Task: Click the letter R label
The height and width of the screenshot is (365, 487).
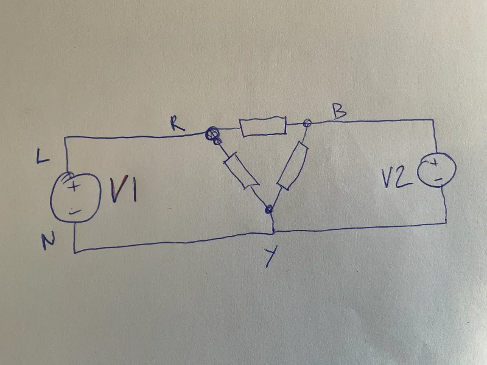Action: click(x=178, y=124)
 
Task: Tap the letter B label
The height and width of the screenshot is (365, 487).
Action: click(x=340, y=111)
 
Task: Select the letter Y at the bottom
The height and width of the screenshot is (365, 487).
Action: click(x=270, y=257)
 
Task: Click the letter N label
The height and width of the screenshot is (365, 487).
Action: click(x=48, y=240)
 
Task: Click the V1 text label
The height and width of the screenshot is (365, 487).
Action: click(x=124, y=189)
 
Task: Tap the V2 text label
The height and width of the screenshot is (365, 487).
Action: click(x=397, y=179)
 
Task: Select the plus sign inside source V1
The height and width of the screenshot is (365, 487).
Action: click(x=74, y=187)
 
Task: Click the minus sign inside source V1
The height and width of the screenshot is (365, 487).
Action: click(x=74, y=212)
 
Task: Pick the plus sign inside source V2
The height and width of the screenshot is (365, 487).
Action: click(x=435, y=162)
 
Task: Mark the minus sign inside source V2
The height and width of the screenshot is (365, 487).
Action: click(x=438, y=179)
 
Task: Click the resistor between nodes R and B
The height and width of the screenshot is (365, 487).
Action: click(x=263, y=126)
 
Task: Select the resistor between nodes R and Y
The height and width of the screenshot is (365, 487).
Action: click(x=241, y=170)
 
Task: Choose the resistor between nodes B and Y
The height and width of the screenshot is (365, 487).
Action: click(x=292, y=165)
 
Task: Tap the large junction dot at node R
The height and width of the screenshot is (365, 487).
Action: click(x=212, y=133)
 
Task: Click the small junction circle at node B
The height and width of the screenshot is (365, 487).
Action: click(x=307, y=123)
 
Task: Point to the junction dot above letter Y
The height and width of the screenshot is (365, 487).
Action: click(x=268, y=209)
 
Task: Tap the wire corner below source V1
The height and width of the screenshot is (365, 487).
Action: click(x=75, y=252)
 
